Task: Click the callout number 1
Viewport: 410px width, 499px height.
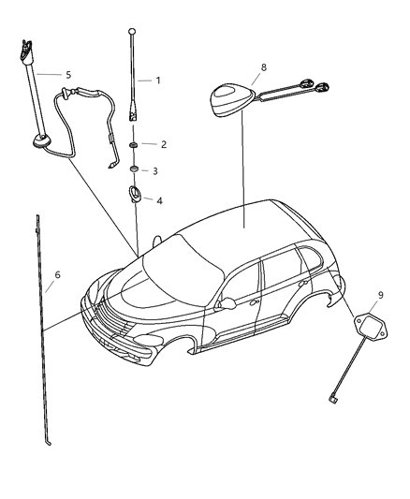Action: [x=157, y=81]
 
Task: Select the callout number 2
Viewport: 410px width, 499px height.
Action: [x=163, y=144]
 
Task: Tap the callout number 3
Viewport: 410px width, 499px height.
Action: [x=155, y=171]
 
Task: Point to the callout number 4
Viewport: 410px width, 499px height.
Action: [x=159, y=200]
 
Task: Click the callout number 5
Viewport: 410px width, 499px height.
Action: [x=66, y=74]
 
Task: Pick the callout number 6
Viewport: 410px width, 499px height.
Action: [x=57, y=275]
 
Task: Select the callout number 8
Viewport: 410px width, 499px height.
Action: [x=263, y=67]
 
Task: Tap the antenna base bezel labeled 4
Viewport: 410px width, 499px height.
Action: [x=135, y=195]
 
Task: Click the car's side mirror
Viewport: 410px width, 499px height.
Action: [x=226, y=303]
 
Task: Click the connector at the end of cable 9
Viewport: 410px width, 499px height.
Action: [x=333, y=400]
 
